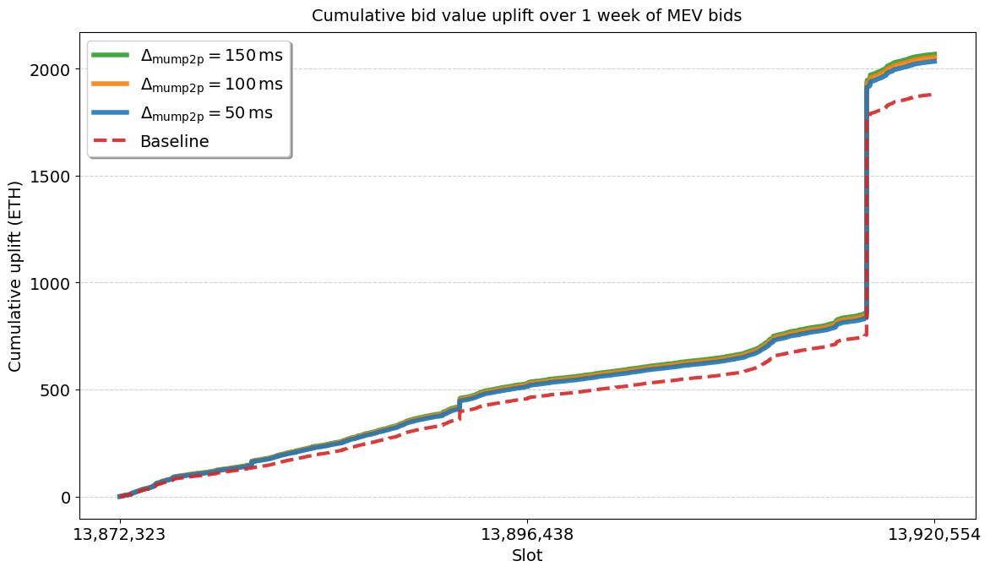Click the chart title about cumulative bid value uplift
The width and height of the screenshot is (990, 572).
pyautogui.click(x=527, y=15)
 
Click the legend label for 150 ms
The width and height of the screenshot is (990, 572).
pyautogui.click(x=211, y=56)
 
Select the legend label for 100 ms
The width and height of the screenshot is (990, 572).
pyautogui.click(x=211, y=84)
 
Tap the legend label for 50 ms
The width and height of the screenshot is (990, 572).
pyautogui.click(x=206, y=113)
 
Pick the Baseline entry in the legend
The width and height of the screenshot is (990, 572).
pyautogui.click(x=174, y=141)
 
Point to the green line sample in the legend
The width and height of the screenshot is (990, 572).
pyautogui.click(x=110, y=56)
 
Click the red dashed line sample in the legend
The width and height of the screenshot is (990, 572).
pyautogui.click(x=110, y=141)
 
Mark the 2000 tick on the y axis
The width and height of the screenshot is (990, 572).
pyautogui.click(x=53, y=69)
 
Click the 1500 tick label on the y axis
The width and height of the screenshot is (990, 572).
pyautogui.click(x=53, y=177)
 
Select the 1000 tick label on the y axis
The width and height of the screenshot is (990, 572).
pyautogui.click(x=53, y=283)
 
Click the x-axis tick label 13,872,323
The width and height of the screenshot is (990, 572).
pyautogui.click(x=119, y=535)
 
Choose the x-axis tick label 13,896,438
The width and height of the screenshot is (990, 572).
pyautogui.click(x=527, y=535)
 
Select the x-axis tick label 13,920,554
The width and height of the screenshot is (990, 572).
pyautogui.click(x=934, y=535)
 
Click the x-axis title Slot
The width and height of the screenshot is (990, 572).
pyautogui.click(x=527, y=556)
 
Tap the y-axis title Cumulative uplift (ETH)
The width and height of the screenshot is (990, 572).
pyautogui.click(x=16, y=275)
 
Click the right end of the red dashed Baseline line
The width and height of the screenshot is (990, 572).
pyautogui.click(x=932, y=95)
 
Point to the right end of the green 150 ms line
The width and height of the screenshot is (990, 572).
pyautogui.click(x=934, y=54)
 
